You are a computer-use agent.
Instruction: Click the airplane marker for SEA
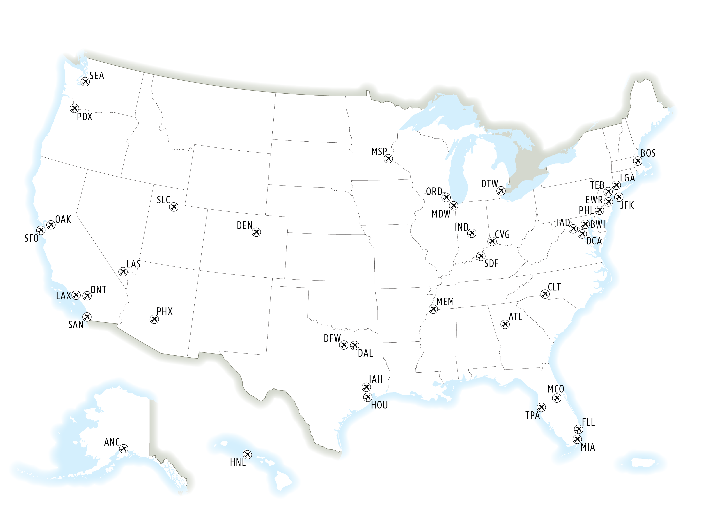click(x=85, y=82)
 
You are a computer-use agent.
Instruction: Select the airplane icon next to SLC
click(x=174, y=207)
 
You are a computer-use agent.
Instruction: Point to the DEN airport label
click(x=244, y=225)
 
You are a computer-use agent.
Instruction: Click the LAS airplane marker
click(x=123, y=272)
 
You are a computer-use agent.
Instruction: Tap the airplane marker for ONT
click(x=87, y=296)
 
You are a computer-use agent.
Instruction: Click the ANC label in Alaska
click(x=112, y=442)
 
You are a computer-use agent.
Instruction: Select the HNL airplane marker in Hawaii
click(x=247, y=455)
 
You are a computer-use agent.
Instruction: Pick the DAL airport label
click(x=365, y=353)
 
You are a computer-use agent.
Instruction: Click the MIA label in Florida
click(x=588, y=447)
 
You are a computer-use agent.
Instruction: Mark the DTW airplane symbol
click(x=501, y=191)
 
